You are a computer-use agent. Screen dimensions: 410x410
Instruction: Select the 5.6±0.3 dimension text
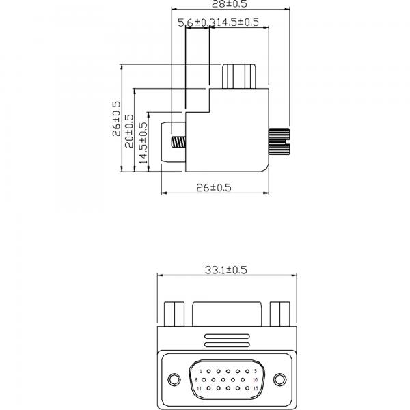click(x=195, y=23)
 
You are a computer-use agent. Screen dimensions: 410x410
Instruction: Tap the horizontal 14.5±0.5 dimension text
click(x=237, y=23)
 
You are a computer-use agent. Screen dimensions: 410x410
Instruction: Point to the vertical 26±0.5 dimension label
click(x=116, y=120)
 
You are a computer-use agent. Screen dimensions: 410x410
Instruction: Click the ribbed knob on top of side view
click(x=239, y=76)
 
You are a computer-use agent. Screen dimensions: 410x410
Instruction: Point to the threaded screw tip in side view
click(x=178, y=143)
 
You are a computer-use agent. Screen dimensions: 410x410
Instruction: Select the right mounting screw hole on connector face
click(x=279, y=379)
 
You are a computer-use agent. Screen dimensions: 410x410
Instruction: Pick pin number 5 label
click(x=254, y=370)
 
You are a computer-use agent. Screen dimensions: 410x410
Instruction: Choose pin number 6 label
click(x=196, y=379)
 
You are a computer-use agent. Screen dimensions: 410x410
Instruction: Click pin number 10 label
click(x=255, y=379)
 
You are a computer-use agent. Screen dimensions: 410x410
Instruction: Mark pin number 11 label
click(x=198, y=388)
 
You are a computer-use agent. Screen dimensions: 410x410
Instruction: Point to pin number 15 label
click(x=254, y=388)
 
